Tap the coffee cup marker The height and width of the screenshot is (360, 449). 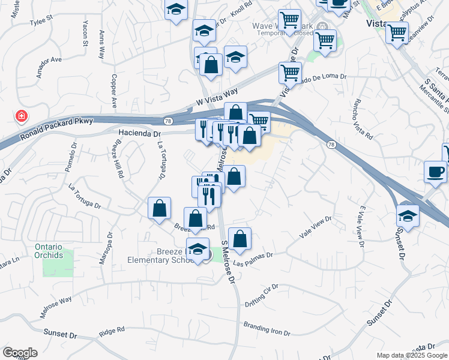coord(435,172)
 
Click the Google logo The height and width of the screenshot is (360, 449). coord(20,353)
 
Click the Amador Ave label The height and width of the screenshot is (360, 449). coord(49,68)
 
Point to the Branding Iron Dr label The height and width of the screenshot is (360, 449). coord(267,329)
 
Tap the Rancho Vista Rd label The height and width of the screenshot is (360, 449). coord(364,119)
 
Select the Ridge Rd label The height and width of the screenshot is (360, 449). coord(112,331)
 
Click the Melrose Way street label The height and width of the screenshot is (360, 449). coord(56,306)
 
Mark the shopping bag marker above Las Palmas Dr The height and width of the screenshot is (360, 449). coord(240,239)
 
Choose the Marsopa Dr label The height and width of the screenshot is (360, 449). coord(109,248)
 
